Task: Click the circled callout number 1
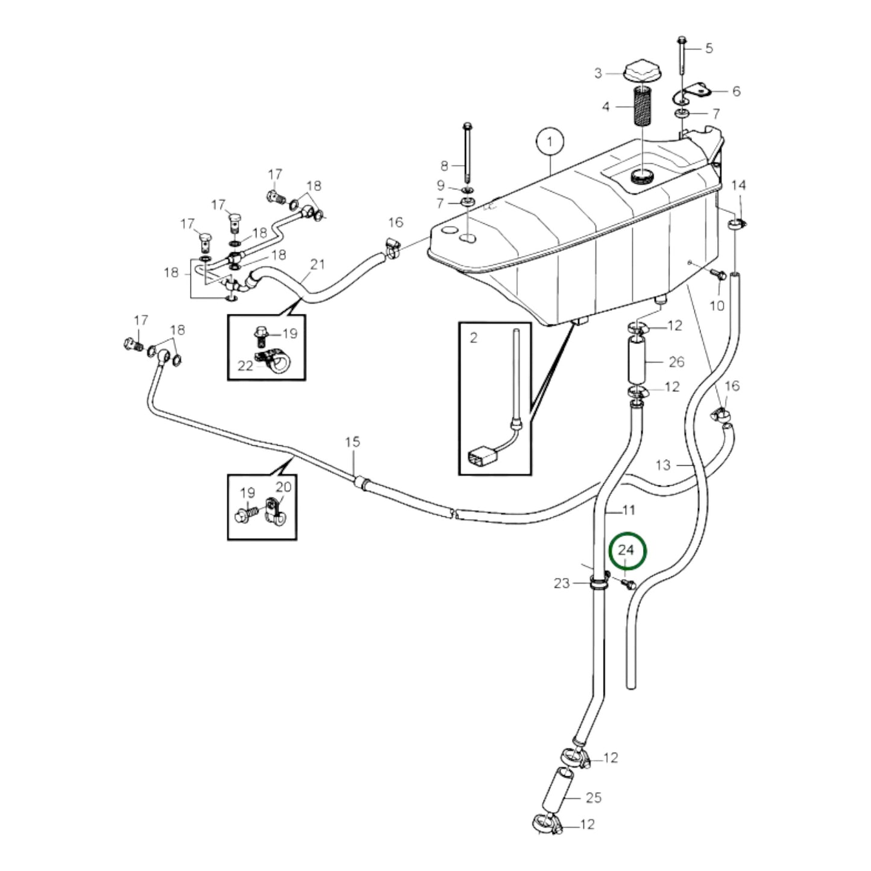[549, 143]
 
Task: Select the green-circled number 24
[627, 550]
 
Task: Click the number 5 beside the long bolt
[709, 48]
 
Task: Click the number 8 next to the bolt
[445, 165]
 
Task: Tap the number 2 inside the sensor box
[473, 338]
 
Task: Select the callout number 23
[561, 583]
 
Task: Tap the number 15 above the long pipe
[353, 442]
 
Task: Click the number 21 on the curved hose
[318, 265]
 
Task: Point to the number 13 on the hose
[662, 465]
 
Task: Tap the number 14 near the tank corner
[738, 185]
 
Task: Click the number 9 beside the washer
[441, 186]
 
